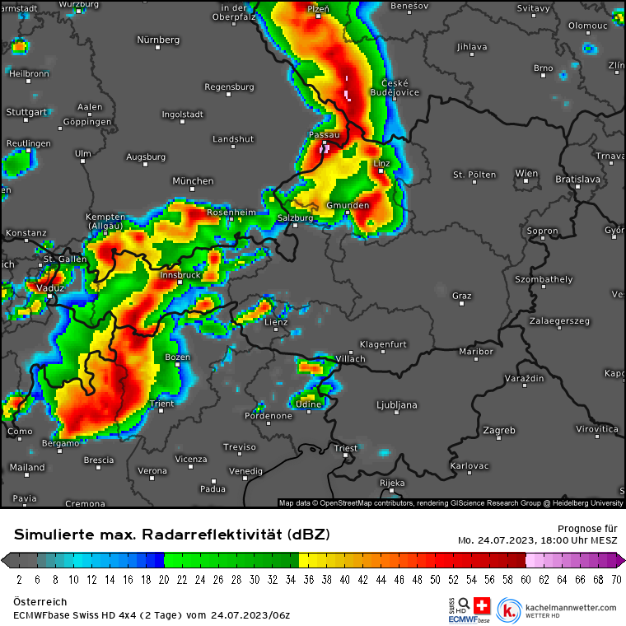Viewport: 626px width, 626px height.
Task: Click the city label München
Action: pos(193,180)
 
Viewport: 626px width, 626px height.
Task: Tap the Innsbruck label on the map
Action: pos(180,275)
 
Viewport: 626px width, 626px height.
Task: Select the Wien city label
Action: pos(526,174)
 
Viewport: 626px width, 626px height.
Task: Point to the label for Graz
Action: pos(461,295)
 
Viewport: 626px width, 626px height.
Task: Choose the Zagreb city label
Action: pos(498,430)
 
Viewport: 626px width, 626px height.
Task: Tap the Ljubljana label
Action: pos(396,404)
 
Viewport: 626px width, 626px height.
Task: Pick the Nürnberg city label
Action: pos(157,40)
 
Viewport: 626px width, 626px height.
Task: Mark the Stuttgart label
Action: pos(26,111)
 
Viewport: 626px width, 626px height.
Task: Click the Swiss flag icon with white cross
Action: pos(483,604)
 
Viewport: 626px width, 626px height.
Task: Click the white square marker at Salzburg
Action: pos(296,225)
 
